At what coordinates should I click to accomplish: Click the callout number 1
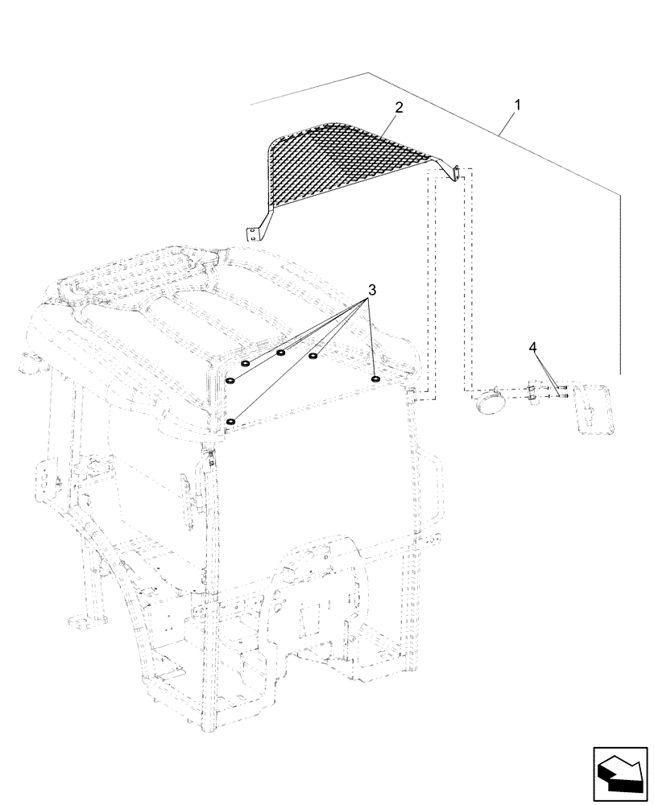517,105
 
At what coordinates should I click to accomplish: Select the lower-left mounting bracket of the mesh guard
255,232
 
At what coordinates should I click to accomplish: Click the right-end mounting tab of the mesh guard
454,173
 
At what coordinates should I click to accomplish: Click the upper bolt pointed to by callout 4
561,387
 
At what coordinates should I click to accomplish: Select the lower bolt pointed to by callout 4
561,395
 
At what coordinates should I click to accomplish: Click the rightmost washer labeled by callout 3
375,378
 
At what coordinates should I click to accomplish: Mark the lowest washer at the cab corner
231,421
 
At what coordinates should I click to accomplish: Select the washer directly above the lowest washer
231,381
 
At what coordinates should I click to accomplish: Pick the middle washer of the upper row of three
281,352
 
